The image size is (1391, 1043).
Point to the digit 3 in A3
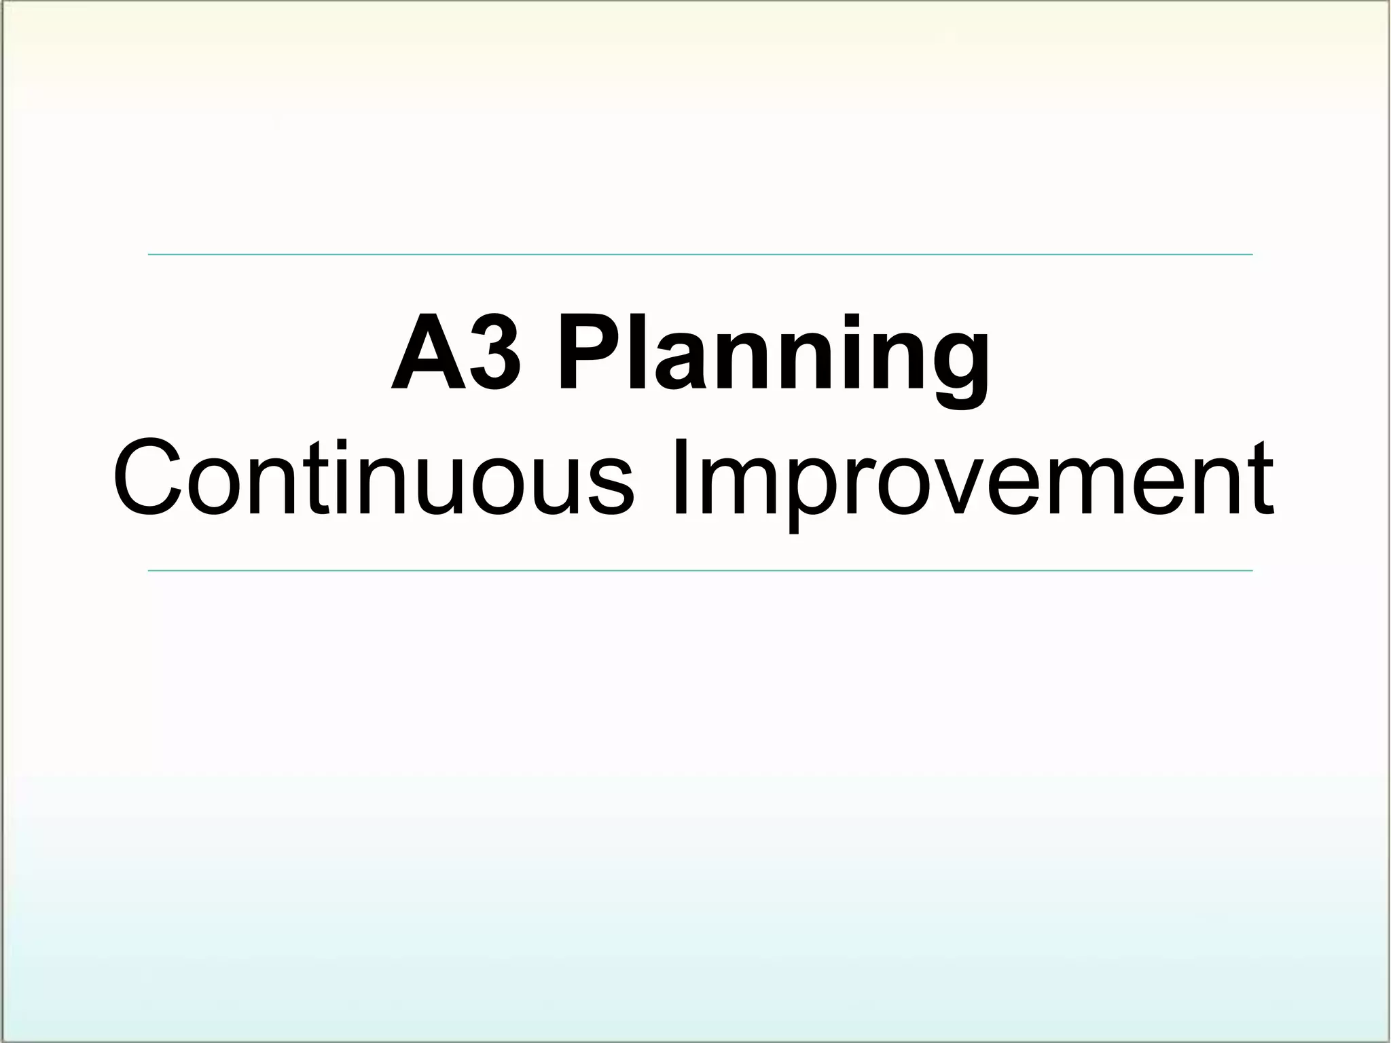click(x=496, y=353)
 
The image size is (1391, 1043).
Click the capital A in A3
click(x=419, y=353)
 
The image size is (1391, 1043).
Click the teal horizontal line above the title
click(x=700, y=255)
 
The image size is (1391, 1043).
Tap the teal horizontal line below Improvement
click(x=700, y=570)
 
